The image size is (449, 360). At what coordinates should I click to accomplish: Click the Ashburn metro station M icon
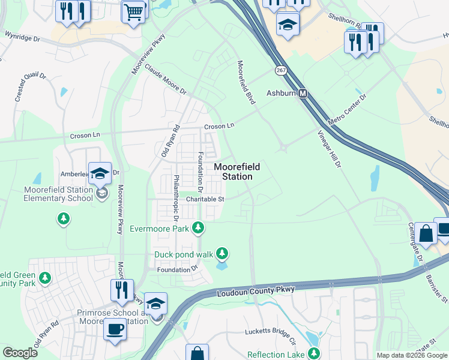tap(304, 94)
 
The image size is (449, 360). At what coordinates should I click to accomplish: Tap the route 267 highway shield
tap(280, 71)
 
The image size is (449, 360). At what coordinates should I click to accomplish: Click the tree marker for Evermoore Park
tap(199, 228)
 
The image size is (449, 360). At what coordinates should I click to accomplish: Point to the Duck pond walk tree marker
tap(223, 254)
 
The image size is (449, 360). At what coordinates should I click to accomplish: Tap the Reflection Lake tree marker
tap(313, 354)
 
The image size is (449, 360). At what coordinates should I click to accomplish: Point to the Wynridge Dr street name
tap(22, 37)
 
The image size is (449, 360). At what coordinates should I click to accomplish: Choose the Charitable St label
tap(205, 199)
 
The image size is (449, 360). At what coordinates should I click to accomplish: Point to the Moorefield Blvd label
tap(246, 82)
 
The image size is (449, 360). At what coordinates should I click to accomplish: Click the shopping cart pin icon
tap(134, 11)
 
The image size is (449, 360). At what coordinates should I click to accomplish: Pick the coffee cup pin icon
tap(115, 329)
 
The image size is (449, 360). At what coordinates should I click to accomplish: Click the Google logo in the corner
tap(20, 353)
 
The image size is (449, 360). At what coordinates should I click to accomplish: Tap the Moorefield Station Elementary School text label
tap(58, 194)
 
